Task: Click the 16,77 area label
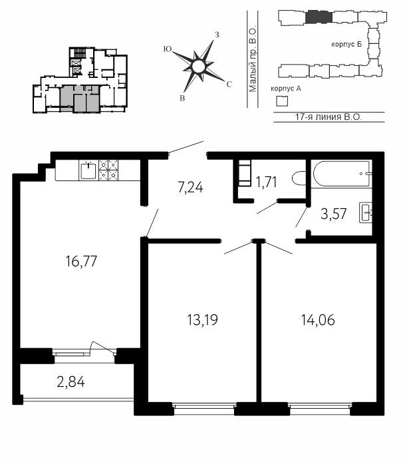81,262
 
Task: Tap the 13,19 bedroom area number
203,320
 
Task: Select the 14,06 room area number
318,320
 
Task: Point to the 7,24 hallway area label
190,188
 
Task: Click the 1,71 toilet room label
267,182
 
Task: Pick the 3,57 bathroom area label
334,214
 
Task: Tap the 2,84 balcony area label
70,382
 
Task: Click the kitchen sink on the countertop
88,170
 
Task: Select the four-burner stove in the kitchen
108,170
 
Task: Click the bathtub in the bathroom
342,174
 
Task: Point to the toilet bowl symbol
299,178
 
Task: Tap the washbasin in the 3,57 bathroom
366,212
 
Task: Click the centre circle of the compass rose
198,67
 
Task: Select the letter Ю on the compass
168,49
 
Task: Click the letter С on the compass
229,85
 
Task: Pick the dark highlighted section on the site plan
319,17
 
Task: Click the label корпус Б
346,45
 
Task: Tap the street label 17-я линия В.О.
329,116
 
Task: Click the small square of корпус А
282,101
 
